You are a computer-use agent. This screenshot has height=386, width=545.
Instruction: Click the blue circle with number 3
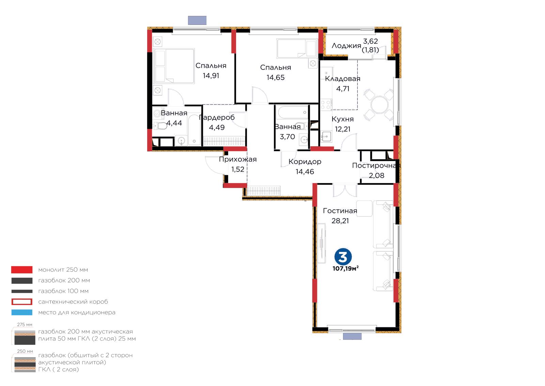pyautogui.click(x=343, y=256)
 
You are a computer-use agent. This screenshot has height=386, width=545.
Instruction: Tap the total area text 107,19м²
pyautogui.click(x=345, y=268)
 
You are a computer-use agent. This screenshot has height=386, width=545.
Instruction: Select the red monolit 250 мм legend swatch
pyautogui.click(x=22, y=270)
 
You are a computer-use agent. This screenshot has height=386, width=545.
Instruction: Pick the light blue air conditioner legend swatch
pyautogui.click(x=22, y=312)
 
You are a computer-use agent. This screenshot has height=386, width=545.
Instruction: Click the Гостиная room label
pyautogui.click(x=340, y=211)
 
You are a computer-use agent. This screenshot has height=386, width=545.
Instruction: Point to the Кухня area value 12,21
pyautogui.click(x=343, y=129)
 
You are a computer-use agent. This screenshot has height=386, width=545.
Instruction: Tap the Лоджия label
pyautogui.click(x=346, y=46)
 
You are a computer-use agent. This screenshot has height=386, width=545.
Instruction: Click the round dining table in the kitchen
pyautogui.click(x=379, y=105)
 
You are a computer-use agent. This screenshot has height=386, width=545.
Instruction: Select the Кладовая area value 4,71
pyautogui.click(x=343, y=89)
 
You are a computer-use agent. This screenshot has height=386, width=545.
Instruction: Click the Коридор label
pyautogui.click(x=305, y=162)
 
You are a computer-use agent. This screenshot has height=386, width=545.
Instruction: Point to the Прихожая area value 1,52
pyautogui.click(x=237, y=169)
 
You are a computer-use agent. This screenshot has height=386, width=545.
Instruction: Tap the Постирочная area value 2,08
pyautogui.click(x=376, y=175)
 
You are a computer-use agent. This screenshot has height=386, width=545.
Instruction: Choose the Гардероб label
pyautogui.click(x=217, y=118)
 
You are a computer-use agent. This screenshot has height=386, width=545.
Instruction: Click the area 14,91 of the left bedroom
pyautogui.click(x=211, y=76)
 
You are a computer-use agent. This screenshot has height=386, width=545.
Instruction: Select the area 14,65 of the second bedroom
pyautogui.click(x=276, y=77)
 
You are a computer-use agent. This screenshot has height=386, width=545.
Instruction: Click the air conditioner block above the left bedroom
pyautogui.click(x=197, y=20)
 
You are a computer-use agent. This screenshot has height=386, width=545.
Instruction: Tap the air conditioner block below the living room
pyautogui.click(x=352, y=336)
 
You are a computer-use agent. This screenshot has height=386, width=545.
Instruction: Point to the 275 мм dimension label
pyautogui.click(x=25, y=324)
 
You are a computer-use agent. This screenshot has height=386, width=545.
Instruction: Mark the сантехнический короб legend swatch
pyautogui.click(x=22, y=302)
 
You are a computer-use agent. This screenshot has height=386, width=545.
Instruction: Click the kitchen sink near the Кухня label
pyautogui.click(x=326, y=136)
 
